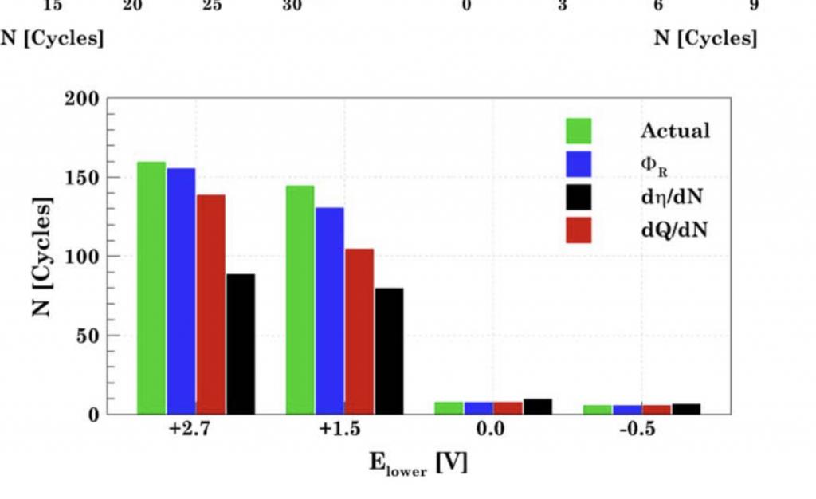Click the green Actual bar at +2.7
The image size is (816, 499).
(151, 288)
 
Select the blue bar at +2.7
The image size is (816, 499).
(181, 291)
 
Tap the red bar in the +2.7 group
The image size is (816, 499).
(210, 304)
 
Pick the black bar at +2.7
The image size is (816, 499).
(241, 344)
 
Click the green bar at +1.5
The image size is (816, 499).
(300, 300)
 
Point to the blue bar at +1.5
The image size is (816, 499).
(329, 311)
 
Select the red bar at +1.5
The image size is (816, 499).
(359, 331)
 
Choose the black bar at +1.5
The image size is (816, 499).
(389, 351)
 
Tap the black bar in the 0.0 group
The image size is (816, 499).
(538, 407)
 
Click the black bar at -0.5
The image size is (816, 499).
(686, 409)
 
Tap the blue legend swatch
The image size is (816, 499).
(579, 164)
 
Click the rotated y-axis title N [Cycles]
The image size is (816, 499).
(44, 256)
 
